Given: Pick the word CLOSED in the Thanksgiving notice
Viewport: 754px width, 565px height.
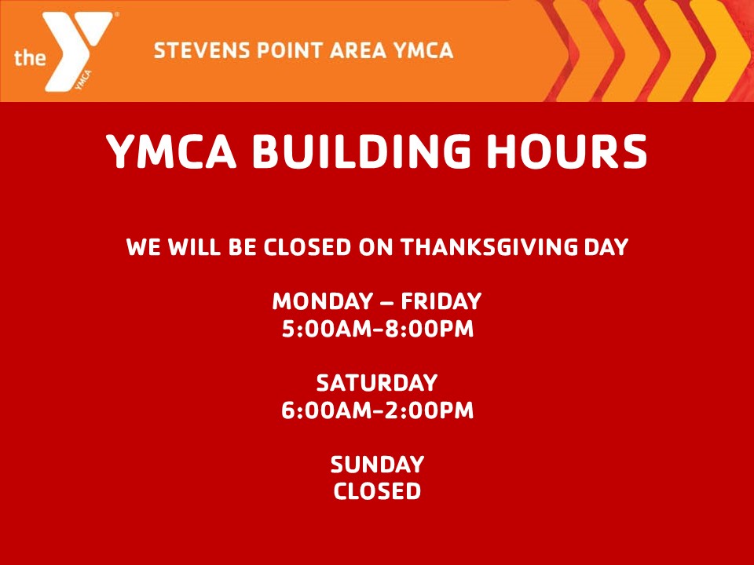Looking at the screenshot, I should coord(307,248).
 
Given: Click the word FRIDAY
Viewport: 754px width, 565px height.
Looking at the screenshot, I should coord(441,301).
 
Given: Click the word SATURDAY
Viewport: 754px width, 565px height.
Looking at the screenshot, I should coord(377,384).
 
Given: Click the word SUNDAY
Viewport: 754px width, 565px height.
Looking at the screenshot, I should coord(377,465).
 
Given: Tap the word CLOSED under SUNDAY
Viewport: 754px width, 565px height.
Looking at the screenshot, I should coord(377,492).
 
